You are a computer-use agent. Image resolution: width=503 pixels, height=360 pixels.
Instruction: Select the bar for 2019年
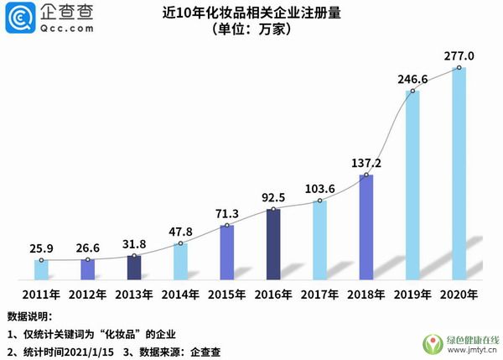click(x=412, y=185)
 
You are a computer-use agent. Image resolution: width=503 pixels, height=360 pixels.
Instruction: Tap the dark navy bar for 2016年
click(x=273, y=244)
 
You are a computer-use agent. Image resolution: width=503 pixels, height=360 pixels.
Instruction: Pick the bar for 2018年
click(x=366, y=227)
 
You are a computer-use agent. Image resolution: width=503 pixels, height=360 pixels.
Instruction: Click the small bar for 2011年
click(x=41, y=269)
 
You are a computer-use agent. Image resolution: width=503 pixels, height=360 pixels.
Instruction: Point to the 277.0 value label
click(x=459, y=56)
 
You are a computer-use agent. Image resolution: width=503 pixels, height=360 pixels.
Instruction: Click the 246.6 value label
click(x=413, y=80)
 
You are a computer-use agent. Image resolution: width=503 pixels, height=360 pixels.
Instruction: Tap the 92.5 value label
click(x=273, y=198)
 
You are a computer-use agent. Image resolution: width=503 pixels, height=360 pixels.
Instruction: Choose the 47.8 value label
click(x=180, y=232)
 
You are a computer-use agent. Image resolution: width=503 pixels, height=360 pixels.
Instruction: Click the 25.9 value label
click(x=41, y=248)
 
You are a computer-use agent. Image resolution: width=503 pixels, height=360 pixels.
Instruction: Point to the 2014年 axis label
click(x=180, y=295)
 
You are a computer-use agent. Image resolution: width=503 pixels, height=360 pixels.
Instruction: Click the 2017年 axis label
click(x=320, y=295)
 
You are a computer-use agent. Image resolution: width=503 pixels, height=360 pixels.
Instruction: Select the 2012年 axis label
click(x=87, y=295)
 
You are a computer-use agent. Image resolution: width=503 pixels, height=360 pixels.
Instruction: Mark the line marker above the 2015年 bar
click(x=227, y=225)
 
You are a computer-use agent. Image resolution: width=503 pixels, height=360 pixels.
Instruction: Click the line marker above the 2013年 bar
click(x=134, y=255)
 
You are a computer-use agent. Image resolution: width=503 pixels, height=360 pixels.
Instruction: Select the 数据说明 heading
click(x=29, y=316)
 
